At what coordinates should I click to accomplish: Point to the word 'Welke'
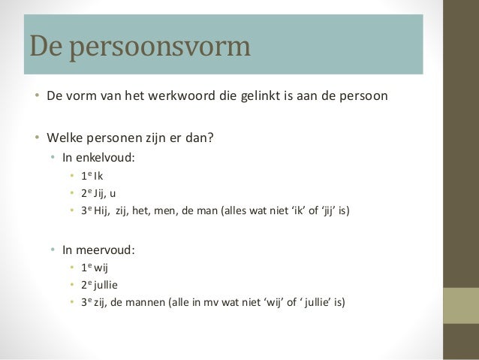(x=62, y=138)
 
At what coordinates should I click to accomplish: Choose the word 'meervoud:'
(x=107, y=250)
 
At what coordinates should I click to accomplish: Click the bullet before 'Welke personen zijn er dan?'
(x=35, y=138)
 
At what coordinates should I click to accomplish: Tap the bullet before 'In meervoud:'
(x=53, y=250)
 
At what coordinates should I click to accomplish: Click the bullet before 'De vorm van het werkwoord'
(x=35, y=98)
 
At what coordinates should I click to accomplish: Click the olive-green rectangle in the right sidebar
(x=461, y=307)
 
